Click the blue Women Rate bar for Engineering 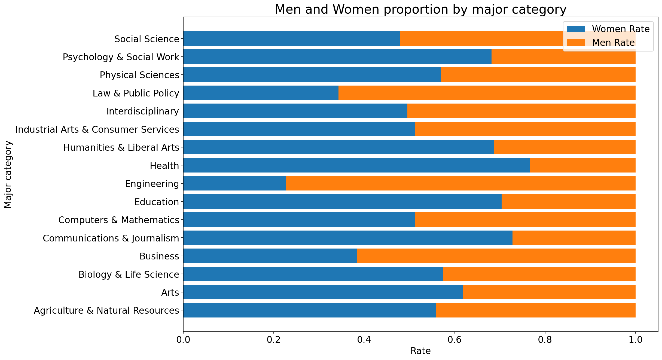(234, 183)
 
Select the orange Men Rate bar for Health (583, 165)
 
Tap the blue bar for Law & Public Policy (261, 93)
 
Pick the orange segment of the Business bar (496, 256)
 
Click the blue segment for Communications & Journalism (347, 238)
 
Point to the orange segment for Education (568, 202)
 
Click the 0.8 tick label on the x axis (545, 340)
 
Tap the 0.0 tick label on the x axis (183, 340)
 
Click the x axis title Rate (420, 351)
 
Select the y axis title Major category (8, 174)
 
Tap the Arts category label (170, 292)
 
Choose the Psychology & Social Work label (121, 57)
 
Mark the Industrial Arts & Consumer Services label (97, 129)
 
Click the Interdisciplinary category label (143, 111)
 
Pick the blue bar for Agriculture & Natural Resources (309, 310)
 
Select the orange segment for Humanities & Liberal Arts (564, 147)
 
